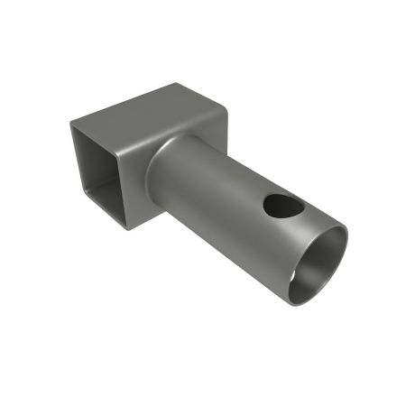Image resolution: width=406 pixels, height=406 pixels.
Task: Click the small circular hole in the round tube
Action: [x=283, y=207]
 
